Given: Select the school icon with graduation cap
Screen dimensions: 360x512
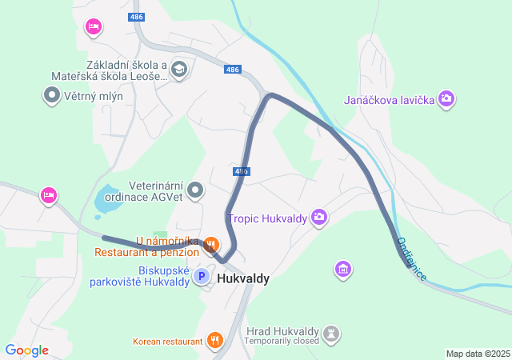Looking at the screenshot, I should (178, 70).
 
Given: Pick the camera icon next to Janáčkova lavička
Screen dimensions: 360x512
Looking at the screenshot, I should (446, 99).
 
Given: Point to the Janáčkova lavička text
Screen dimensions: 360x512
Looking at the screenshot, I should (389, 100).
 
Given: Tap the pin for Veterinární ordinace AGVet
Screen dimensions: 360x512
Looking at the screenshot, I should (196, 190).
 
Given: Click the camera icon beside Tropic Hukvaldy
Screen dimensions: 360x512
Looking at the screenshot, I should (320, 217).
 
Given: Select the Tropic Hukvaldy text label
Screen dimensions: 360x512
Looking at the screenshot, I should (269, 218).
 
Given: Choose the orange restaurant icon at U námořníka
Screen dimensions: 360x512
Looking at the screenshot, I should (211, 243).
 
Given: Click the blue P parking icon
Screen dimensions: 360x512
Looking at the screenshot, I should (202, 277).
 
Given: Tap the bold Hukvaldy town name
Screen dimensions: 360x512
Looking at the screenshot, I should (242, 279).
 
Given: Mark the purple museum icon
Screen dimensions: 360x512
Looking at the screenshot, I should (343, 270).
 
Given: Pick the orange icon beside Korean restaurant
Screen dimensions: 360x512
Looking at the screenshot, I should (214, 341).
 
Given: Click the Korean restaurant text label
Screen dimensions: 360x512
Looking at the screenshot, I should (168, 342).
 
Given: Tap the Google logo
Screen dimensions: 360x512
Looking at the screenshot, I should (26, 350).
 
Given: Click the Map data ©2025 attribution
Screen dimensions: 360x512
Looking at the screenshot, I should (478, 354).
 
